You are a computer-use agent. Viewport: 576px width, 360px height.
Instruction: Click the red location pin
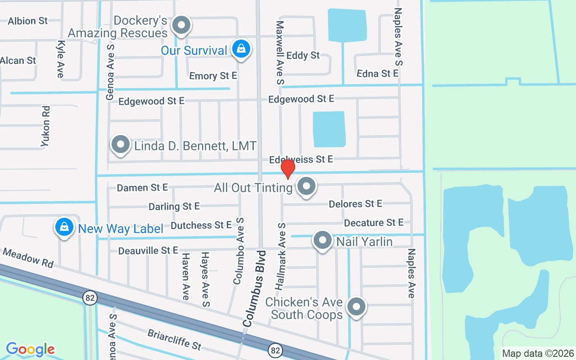tap(288, 169)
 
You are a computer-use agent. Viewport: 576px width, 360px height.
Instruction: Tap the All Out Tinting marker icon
tap(306, 185)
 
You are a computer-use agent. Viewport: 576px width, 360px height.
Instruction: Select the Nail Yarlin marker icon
tap(323, 240)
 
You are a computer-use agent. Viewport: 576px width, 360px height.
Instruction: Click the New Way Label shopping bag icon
tap(64, 227)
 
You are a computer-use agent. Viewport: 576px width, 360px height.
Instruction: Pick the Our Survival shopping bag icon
tap(241, 49)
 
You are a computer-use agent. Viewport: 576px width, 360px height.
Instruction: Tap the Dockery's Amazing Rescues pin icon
tap(181, 25)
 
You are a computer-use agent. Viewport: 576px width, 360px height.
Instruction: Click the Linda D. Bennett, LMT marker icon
tap(121, 144)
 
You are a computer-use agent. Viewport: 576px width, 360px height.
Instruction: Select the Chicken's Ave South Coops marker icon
tap(356, 307)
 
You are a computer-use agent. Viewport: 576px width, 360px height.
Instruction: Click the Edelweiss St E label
tap(301, 159)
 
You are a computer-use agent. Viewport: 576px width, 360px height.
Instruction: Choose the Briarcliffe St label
tap(175, 340)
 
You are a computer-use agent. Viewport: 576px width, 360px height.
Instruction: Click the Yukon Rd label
tap(45, 126)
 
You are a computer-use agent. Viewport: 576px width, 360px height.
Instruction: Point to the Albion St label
tap(28, 21)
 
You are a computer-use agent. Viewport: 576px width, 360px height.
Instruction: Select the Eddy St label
tap(303, 55)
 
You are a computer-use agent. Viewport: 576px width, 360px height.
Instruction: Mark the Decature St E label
tap(373, 223)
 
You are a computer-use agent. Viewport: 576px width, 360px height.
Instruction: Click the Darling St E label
tap(174, 207)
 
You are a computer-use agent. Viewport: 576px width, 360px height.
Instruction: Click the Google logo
tap(30, 349)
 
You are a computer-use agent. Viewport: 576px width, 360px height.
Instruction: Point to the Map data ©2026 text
tap(538, 353)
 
